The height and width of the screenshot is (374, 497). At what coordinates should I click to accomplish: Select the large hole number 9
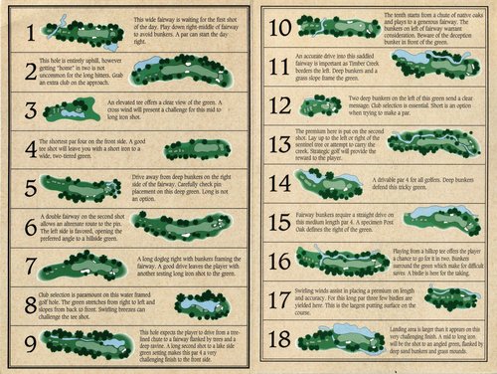click(x=33, y=343)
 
